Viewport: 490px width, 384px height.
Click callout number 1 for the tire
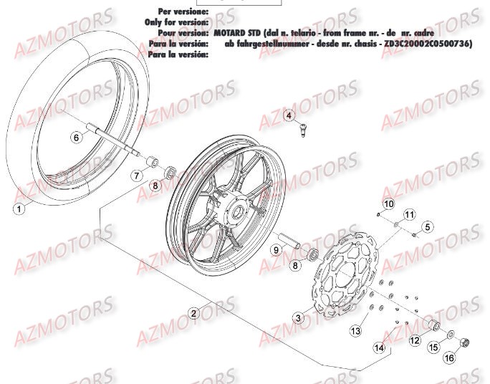20,209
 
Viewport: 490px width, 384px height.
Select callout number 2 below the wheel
193,312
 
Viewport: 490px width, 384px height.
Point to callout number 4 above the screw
289,116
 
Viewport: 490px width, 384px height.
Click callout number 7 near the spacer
136,176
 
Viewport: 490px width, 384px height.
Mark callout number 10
388,205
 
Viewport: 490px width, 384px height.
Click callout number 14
380,348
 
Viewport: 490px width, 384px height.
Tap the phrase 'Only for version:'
176,22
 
